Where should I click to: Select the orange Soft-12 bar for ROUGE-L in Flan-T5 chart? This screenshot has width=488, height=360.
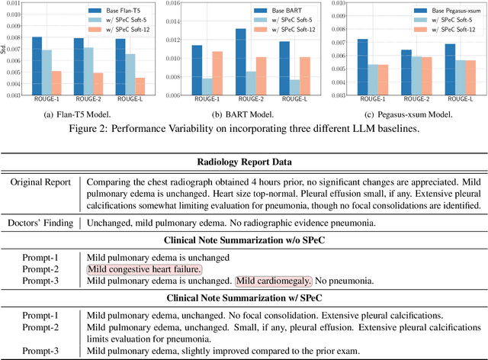[140, 86]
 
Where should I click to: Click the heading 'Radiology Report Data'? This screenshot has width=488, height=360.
[244, 162]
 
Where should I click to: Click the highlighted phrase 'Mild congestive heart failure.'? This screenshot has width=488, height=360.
[144, 269]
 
